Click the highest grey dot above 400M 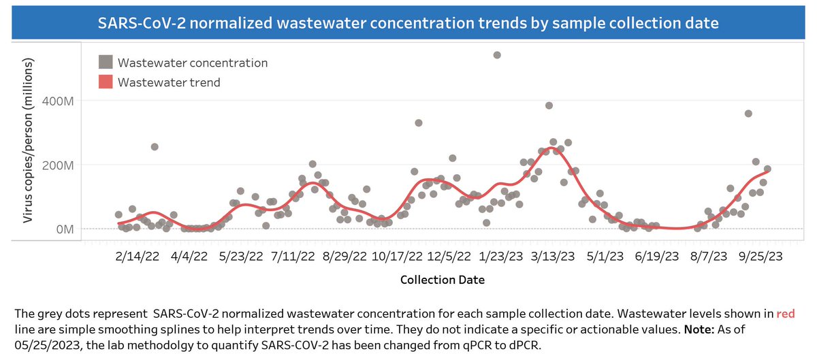click(497, 55)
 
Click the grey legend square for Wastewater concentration click(105, 63)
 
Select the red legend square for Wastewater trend click(105, 82)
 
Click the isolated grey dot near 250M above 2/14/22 click(155, 146)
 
